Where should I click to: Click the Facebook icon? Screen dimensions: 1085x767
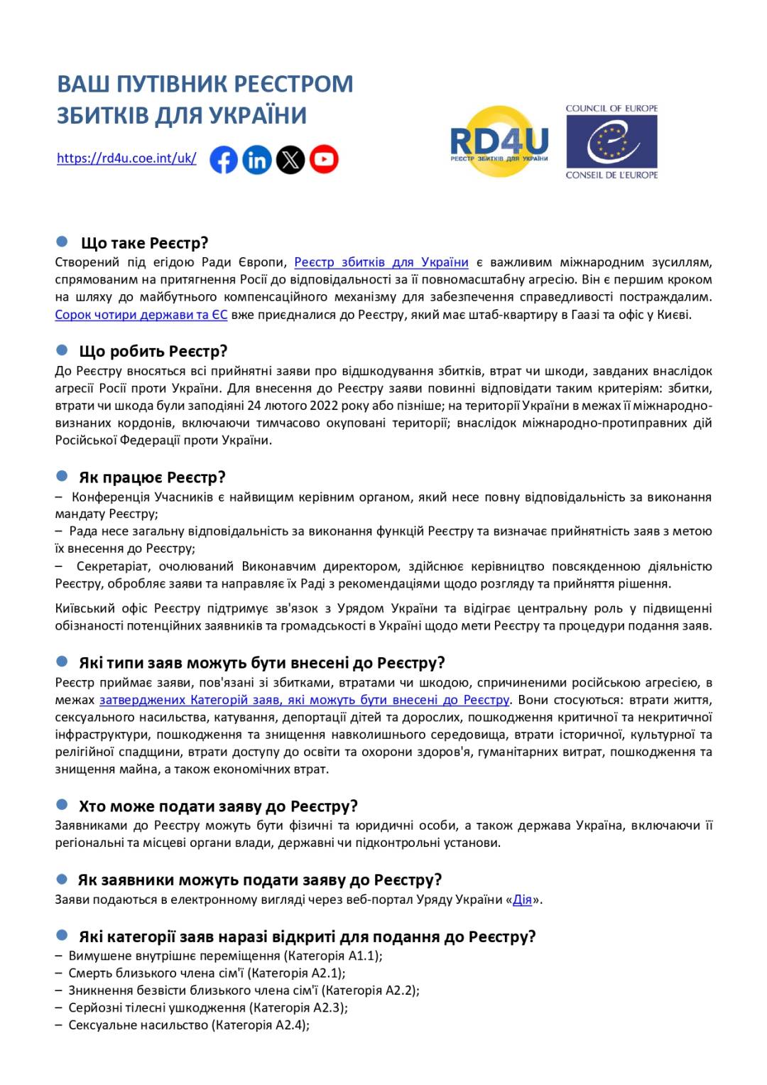point(223,160)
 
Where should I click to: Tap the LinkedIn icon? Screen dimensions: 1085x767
point(256,160)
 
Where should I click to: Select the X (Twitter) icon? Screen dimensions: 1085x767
point(290,160)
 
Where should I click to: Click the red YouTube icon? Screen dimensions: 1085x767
point(324,160)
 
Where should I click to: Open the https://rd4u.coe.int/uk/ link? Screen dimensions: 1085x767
point(126,158)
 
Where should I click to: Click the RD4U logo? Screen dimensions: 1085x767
point(499,141)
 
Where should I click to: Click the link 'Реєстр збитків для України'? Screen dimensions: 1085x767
point(381,262)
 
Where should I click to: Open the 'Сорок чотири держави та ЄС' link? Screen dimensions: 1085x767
point(141,314)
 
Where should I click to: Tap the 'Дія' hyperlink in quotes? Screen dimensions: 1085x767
point(522,900)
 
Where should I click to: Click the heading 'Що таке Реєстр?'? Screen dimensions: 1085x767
point(144,243)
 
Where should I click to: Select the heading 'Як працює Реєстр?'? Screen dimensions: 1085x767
point(152,477)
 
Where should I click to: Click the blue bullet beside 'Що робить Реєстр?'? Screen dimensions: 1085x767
point(62,350)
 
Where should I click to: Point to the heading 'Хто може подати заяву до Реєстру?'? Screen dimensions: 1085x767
point(218,806)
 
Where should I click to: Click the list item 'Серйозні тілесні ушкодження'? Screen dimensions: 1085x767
point(157,1008)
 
